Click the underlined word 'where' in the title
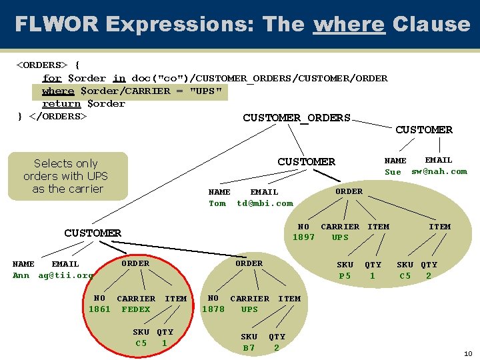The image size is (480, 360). [x=349, y=25]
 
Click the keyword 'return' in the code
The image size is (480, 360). [x=61, y=103]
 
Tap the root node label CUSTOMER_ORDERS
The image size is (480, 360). [x=296, y=118]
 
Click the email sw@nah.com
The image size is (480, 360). [x=439, y=171]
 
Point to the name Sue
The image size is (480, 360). [x=393, y=172]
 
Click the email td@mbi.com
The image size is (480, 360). [x=265, y=203]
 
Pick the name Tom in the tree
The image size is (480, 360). [x=217, y=203]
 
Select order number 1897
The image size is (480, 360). [x=303, y=237]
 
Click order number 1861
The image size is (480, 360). [x=99, y=309]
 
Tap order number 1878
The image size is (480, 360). [x=213, y=309]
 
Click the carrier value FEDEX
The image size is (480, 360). [x=136, y=309]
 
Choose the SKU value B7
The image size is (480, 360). [x=249, y=348]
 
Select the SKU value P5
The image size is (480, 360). [x=345, y=276]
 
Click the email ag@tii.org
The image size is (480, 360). [x=65, y=275]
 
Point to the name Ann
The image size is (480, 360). [x=21, y=275]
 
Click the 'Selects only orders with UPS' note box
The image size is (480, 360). [x=67, y=176]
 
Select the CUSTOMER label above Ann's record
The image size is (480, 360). [x=93, y=233]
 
